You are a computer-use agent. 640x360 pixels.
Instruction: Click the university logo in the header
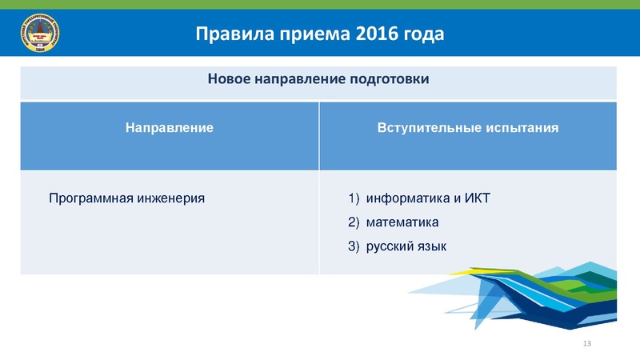point(38,34)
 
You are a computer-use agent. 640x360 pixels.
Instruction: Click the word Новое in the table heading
point(229,80)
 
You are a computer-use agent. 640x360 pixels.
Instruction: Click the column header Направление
point(169,127)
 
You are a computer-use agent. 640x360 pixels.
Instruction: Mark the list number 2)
point(354,222)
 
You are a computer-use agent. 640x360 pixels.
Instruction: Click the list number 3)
point(354,246)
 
